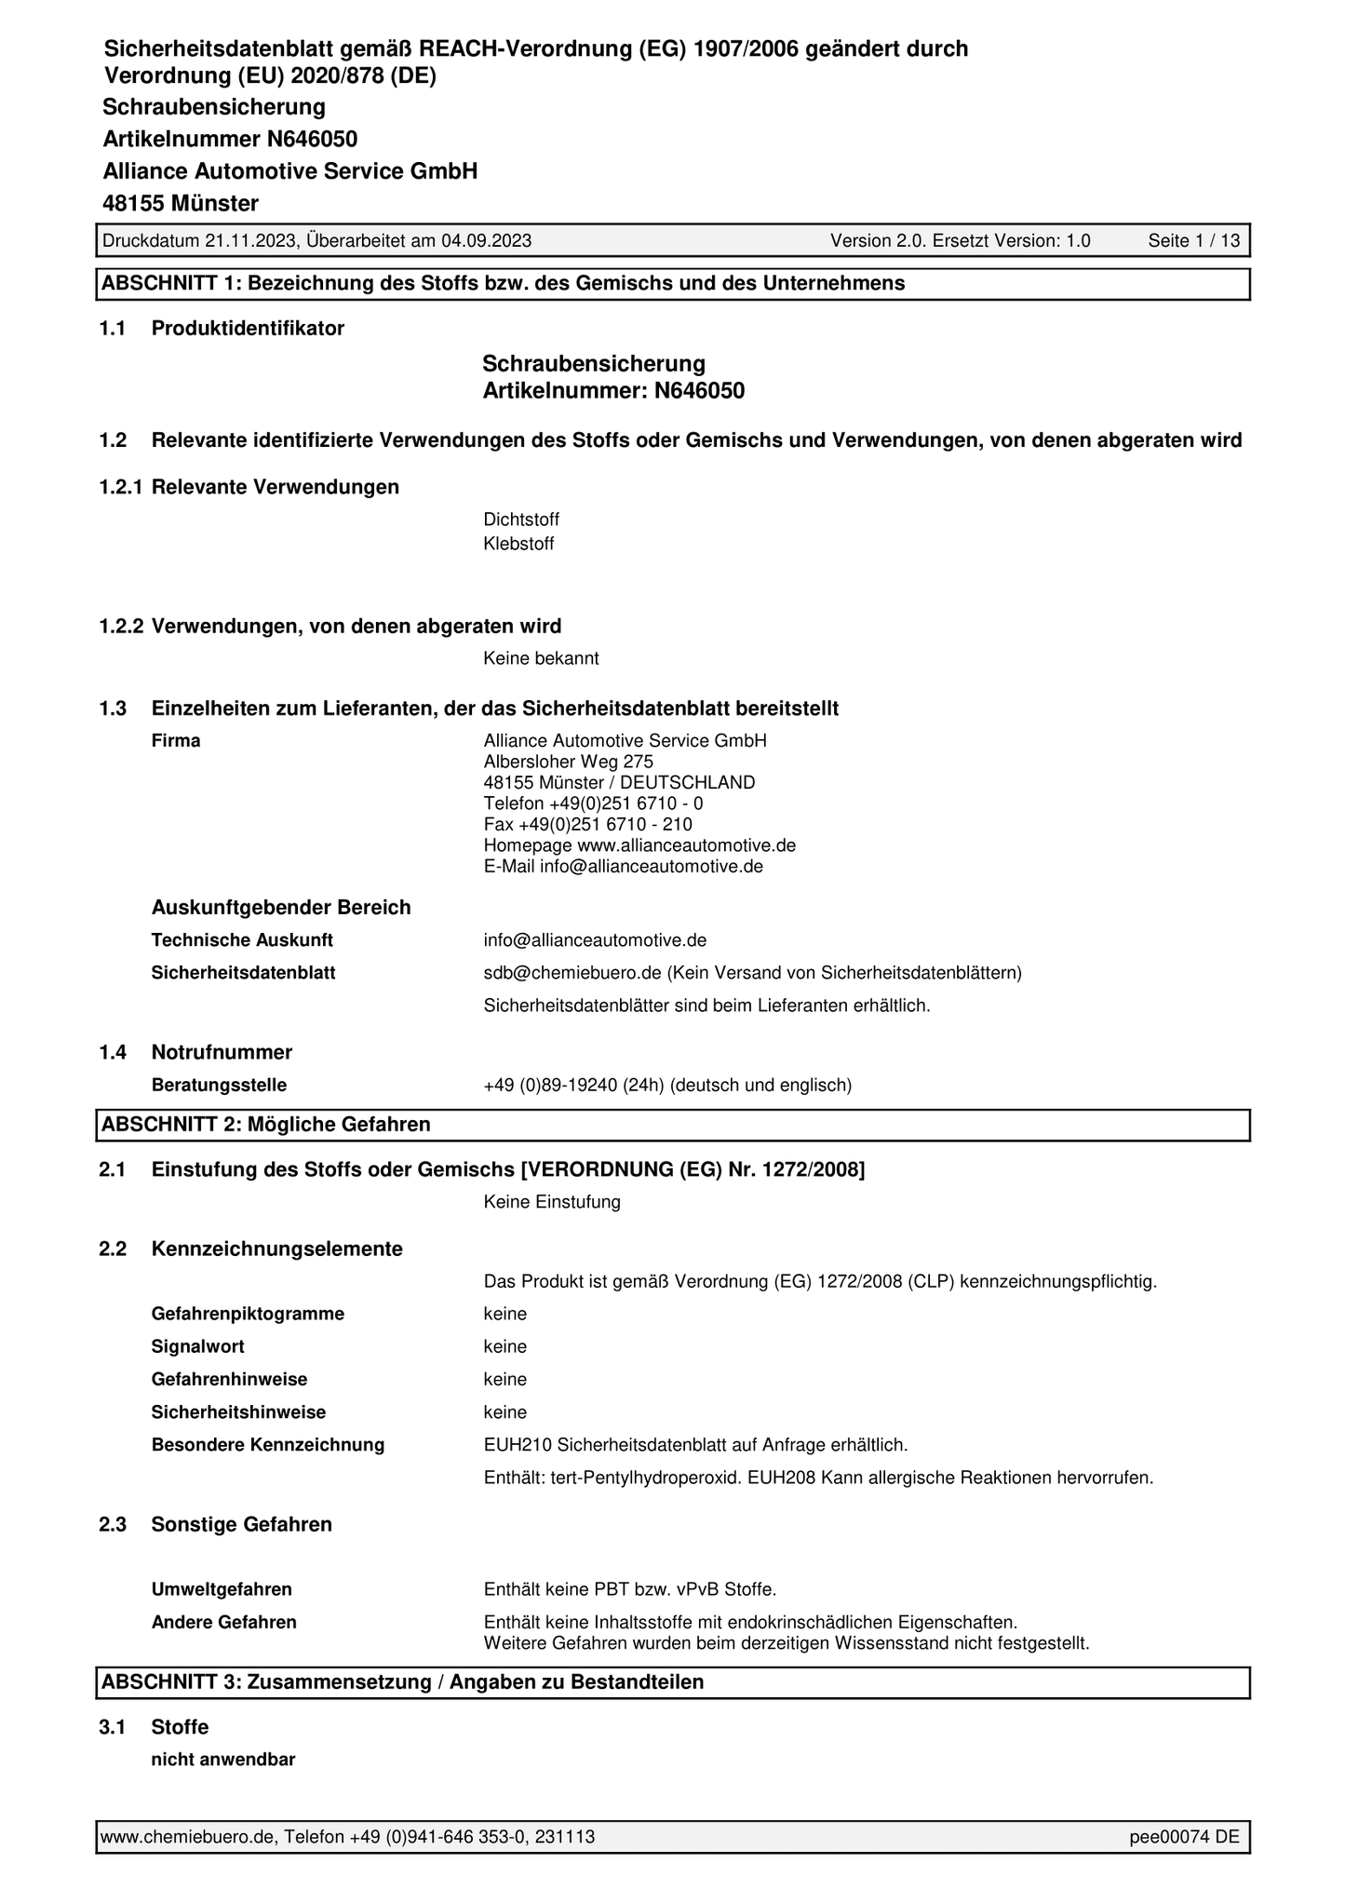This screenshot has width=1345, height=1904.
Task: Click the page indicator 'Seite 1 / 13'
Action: tap(1193, 241)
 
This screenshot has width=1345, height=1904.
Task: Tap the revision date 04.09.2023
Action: tap(486, 241)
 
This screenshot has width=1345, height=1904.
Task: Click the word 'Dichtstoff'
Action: tap(521, 520)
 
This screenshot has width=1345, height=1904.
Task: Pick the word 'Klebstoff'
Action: tap(518, 545)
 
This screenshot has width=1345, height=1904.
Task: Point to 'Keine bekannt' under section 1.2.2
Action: tap(541, 659)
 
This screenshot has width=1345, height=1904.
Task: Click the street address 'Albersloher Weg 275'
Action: tap(568, 762)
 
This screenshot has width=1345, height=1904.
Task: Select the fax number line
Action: tap(587, 825)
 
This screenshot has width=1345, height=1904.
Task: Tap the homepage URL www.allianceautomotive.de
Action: tap(686, 846)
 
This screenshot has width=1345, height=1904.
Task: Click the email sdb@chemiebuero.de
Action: tap(572, 974)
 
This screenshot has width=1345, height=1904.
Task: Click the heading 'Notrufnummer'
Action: tap(222, 1053)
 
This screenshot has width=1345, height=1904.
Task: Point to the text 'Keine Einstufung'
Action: tap(552, 1203)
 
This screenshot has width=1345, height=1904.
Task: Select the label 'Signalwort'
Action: tap(197, 1347)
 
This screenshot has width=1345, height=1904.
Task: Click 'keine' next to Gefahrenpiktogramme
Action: tap(504, 1315)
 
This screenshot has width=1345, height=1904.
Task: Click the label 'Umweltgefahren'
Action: tap(222, 1589)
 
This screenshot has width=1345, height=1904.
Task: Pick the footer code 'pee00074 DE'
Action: tap(1184, 1837)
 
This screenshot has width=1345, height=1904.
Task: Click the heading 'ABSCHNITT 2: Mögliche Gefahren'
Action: tap(266, 1125)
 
